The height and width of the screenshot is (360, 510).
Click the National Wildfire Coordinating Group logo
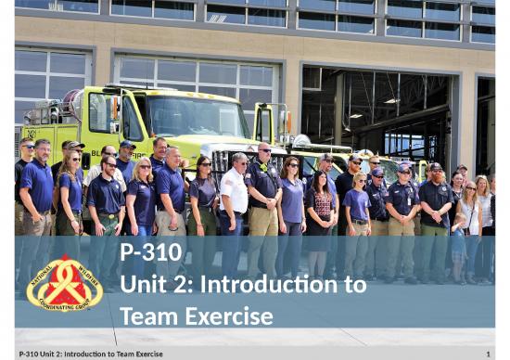(64, 283)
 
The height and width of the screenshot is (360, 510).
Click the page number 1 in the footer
(487, 354)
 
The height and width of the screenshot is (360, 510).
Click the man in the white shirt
(234, 199)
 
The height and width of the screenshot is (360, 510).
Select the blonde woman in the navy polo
(143, 199)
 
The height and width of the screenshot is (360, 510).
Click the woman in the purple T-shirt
(357, 209)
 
